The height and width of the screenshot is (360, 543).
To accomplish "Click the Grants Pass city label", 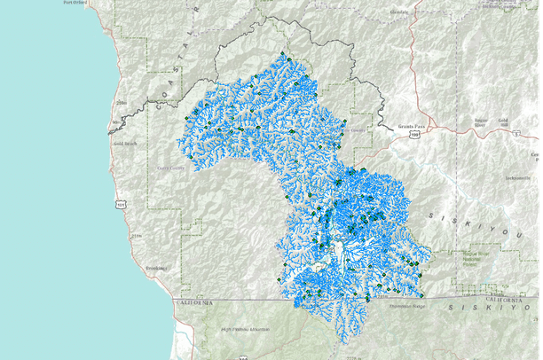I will [413, 127].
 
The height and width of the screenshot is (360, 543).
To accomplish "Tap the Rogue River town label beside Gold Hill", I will [480, 122].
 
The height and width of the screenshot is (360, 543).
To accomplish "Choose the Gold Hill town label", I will [503, 120].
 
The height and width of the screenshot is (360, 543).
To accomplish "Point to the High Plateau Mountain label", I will [246, 329].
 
